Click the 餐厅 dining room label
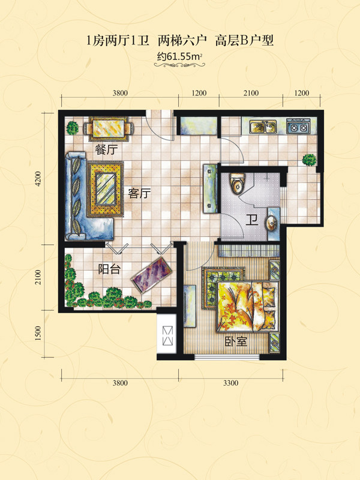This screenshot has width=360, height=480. pyautogui.click(x=106, y=149)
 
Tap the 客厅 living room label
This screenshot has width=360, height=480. pyautogui.click(x=140, y=193)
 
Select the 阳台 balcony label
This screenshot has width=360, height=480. pyautogui.click(x=109, y=269)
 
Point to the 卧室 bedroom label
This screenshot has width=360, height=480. pyautogui.click(x=236, y=341)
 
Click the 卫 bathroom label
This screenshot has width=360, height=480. pyautogui.click(x=251, y=220)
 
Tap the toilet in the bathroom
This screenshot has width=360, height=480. pyautogui.click(x=237, y=184)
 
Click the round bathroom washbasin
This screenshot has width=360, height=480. pyautogui.click(x=272, y=223)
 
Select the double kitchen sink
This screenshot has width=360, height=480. pyautogui.click(x=263, y=127)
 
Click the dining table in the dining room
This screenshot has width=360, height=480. pyautogui.click(x=109, y=128)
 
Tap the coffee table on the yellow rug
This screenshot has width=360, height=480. pyautogui.click(x=106, y=189)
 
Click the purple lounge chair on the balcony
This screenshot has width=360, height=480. pyautogui.click(x=151, y=275)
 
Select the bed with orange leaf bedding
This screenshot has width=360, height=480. pyautogui.click(x=247, y=307)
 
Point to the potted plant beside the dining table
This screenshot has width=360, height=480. pyautogui.click(x=73, y=128)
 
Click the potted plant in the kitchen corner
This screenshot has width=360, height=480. pyautogui.click(x=309, y=160)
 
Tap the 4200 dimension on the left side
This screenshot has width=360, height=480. pyautogui.click(x=38, y=178)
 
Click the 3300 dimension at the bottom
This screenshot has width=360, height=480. pyautogui.click(x=230, y=383)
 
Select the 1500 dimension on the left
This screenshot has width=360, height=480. pyautogui.click(x=38, y=334)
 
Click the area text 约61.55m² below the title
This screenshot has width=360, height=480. pyautogui.click(x=179, y=56)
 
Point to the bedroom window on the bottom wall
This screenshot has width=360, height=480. pyautogui.click(x=227, y=356)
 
